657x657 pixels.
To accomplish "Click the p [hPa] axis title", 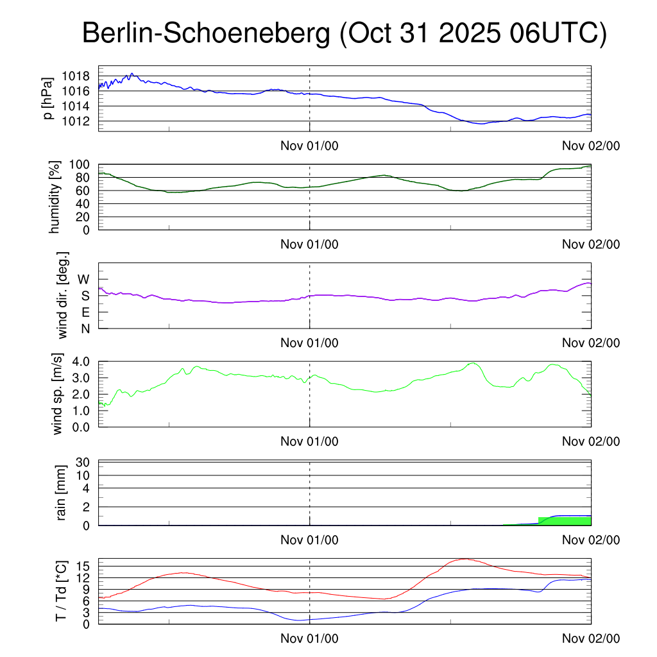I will pyautogui.click(x=48, y=98).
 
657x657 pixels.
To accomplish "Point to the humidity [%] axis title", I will pyautogui.click(x=55, y=197).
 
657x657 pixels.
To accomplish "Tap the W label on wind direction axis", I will pyautogui.click(x=84, y=279).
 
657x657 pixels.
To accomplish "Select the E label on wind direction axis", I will pyautogui.click(x=85, y=312).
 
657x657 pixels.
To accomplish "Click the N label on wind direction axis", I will pyautogui.click(x=85, y=328).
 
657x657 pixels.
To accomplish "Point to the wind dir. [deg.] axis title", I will pyautogui.click(x=63, y=295).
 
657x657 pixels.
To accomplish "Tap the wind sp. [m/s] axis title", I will pyautogui.click(x=58, y=393).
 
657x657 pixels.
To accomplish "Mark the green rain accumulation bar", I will pyautogui.click(x=565, y=521).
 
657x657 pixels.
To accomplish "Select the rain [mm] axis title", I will pyautogui.click(x=61, y=493).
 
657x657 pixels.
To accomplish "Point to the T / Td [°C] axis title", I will pyautogui.click(x=61, y=590).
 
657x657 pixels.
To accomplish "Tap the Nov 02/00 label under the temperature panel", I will pyautogui.click(x=591, y=638).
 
